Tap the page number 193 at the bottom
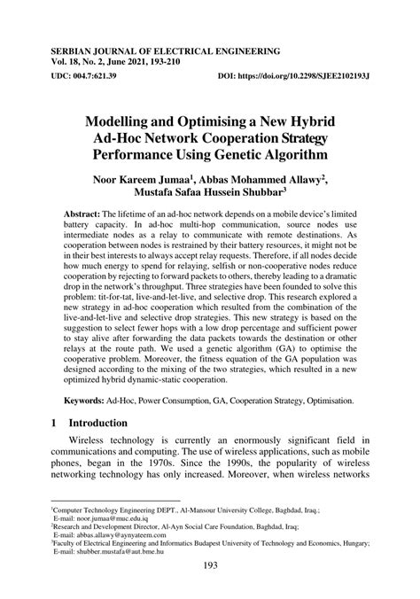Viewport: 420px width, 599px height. (209, 578)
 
